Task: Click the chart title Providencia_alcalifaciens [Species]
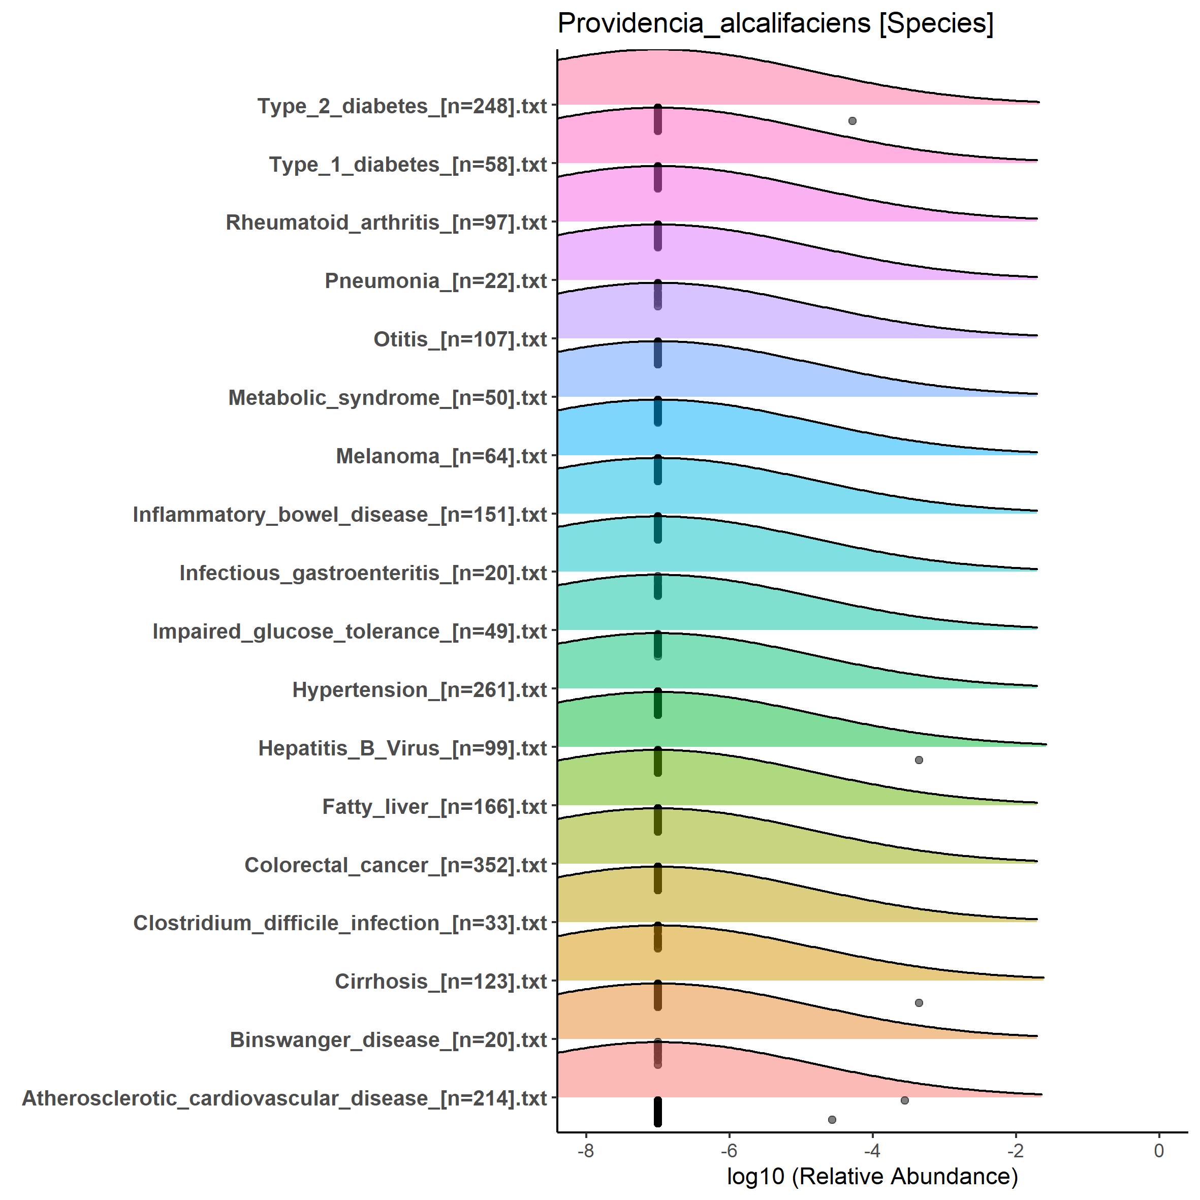(x=775, y=25)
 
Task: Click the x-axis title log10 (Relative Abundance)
(x=872, y=1176)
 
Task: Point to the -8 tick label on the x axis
(x=585, y=1151)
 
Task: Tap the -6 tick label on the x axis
(x=729, y=1151)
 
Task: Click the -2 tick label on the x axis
(x=1015, y=1151)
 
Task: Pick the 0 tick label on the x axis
(x=1158, y=1151)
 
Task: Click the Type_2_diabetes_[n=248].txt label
(x=402, y=106)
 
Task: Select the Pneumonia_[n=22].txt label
(x=435, y=281)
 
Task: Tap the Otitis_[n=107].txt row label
(x=460, y=340)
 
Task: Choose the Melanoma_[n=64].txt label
(x=441, y=457)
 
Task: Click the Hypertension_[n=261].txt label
(x=419, y=690)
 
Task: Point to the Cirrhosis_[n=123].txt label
(x=440, y=982)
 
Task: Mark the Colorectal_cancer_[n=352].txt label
(x=396, y=865)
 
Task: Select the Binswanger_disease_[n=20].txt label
(x=388, y=1040)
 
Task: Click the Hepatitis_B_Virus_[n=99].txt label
(x=402, y=748)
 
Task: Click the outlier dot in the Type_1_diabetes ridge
(x=852, y=120)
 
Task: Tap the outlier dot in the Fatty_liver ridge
(x=919, y=760)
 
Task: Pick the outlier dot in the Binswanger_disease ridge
(x=919, y=1002)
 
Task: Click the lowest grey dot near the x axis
(x=832, y=1119)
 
